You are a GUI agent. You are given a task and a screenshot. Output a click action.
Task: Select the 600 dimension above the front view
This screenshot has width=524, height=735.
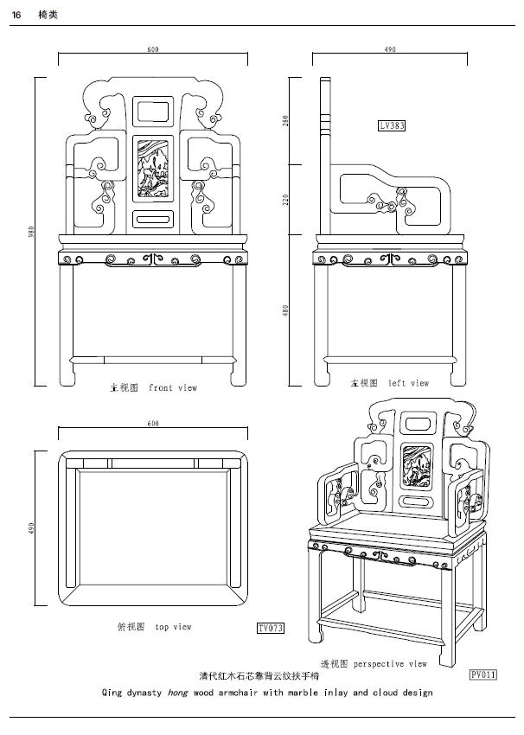[153, 50]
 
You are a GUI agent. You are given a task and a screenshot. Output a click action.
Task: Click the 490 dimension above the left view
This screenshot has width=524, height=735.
[390, 50]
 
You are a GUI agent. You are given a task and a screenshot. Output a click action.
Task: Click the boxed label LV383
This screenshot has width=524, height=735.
[392, 125]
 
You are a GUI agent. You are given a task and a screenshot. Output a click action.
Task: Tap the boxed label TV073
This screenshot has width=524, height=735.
[271, 627]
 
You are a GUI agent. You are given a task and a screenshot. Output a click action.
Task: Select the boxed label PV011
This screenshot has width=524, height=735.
[483, 673]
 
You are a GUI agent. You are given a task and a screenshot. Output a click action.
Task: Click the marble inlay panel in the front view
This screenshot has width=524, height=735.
[152, 169]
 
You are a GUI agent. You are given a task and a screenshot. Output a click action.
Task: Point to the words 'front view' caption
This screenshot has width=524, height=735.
[173, 388]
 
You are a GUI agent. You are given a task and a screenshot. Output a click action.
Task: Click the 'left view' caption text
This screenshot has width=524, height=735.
[408, 383]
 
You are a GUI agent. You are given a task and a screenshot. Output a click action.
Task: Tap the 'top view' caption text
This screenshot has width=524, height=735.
[173, 627]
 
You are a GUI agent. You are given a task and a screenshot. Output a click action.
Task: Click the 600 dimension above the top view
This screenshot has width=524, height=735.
[153, 424]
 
